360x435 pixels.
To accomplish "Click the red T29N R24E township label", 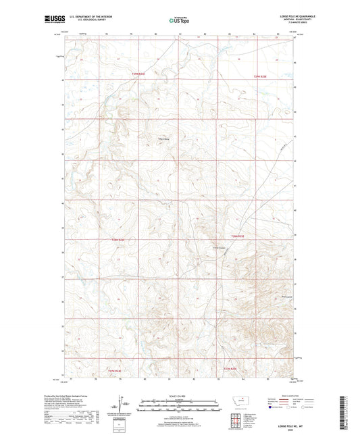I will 137,74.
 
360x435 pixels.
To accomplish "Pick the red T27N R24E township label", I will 118,369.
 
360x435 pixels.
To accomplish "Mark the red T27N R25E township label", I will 231,368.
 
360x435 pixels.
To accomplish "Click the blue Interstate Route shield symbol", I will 272,407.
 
